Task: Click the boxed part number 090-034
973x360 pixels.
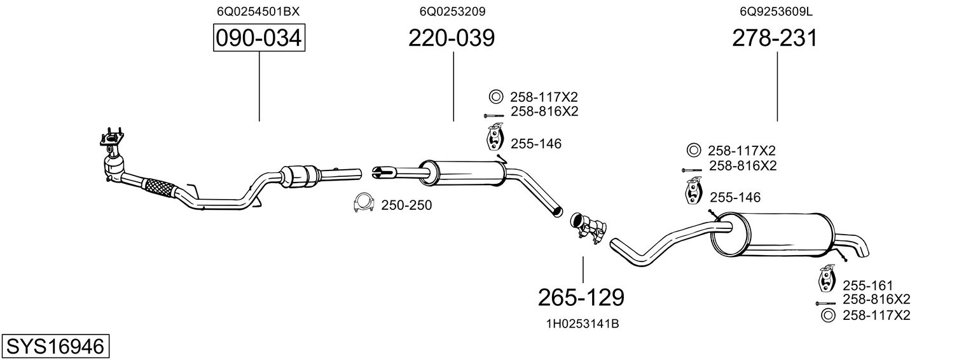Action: click(x=259, y=38)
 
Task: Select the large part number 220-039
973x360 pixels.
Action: click(x=452, y=38)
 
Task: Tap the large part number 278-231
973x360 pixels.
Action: click(x=775, y=38)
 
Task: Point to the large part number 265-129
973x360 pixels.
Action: click(x=581, y=298)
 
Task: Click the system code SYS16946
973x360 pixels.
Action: click(x=55, y=347)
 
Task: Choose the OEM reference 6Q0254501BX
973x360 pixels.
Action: click(x=258, y=11)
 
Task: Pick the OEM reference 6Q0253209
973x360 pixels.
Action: click(x=452, y=11)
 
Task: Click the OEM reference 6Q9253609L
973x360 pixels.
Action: click(x=776, y=11)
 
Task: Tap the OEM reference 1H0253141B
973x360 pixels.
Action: click(x=583, y=324)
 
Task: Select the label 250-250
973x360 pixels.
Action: click(x=406, y=205)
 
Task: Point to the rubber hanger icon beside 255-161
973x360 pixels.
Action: click(x=826, y=277)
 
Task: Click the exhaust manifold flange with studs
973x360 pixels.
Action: click(x=112, y=138)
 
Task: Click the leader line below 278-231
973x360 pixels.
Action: click(x=777, y=87)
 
